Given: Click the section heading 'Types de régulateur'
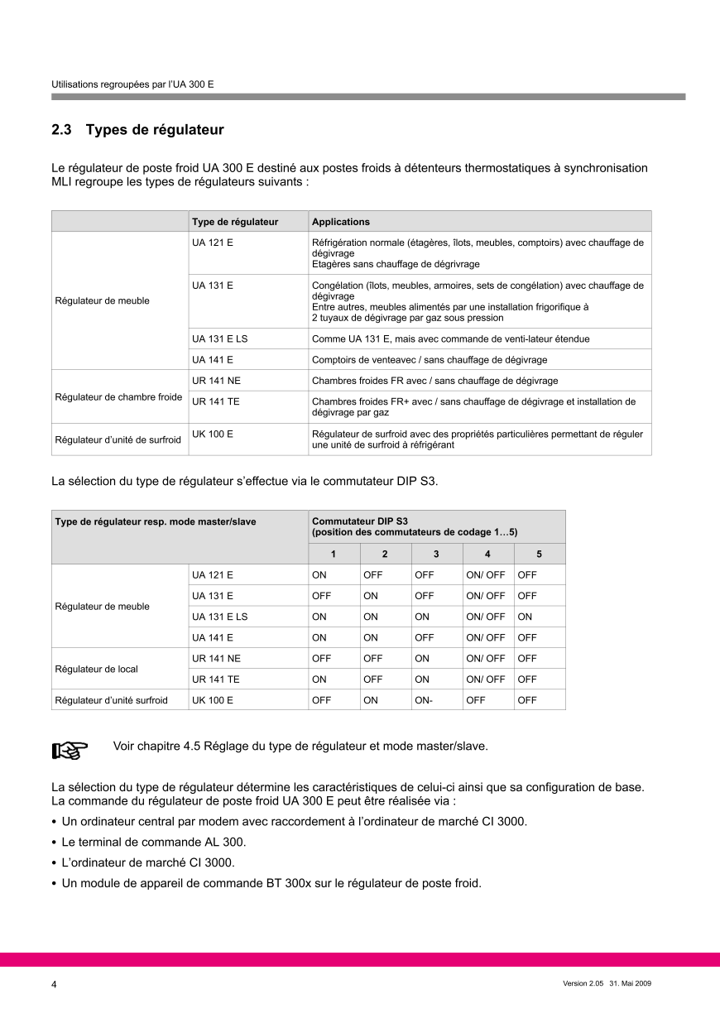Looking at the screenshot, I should click(x=155, y=130).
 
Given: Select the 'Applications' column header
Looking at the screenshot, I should click(x=341, y=222).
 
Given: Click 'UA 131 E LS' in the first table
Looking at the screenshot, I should click(x=219, y=339).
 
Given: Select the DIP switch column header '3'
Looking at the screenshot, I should click(x=436, y=554).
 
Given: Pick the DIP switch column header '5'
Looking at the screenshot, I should click(x=539, y=554).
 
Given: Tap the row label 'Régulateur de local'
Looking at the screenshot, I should click(x=96, y=669).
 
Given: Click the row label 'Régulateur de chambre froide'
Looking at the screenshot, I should click(x=118, y=396).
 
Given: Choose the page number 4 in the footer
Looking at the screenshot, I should click(x=55, y=984).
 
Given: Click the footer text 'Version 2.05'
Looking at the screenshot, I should click(x=583, y=983).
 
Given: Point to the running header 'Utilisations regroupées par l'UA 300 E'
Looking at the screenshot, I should click(x=132, y=84).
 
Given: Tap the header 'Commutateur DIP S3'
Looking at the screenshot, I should click(x=359, y=521).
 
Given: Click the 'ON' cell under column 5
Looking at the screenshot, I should click(x=525, y=617).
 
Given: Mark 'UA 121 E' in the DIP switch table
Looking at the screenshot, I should click(x=213, y=574).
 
